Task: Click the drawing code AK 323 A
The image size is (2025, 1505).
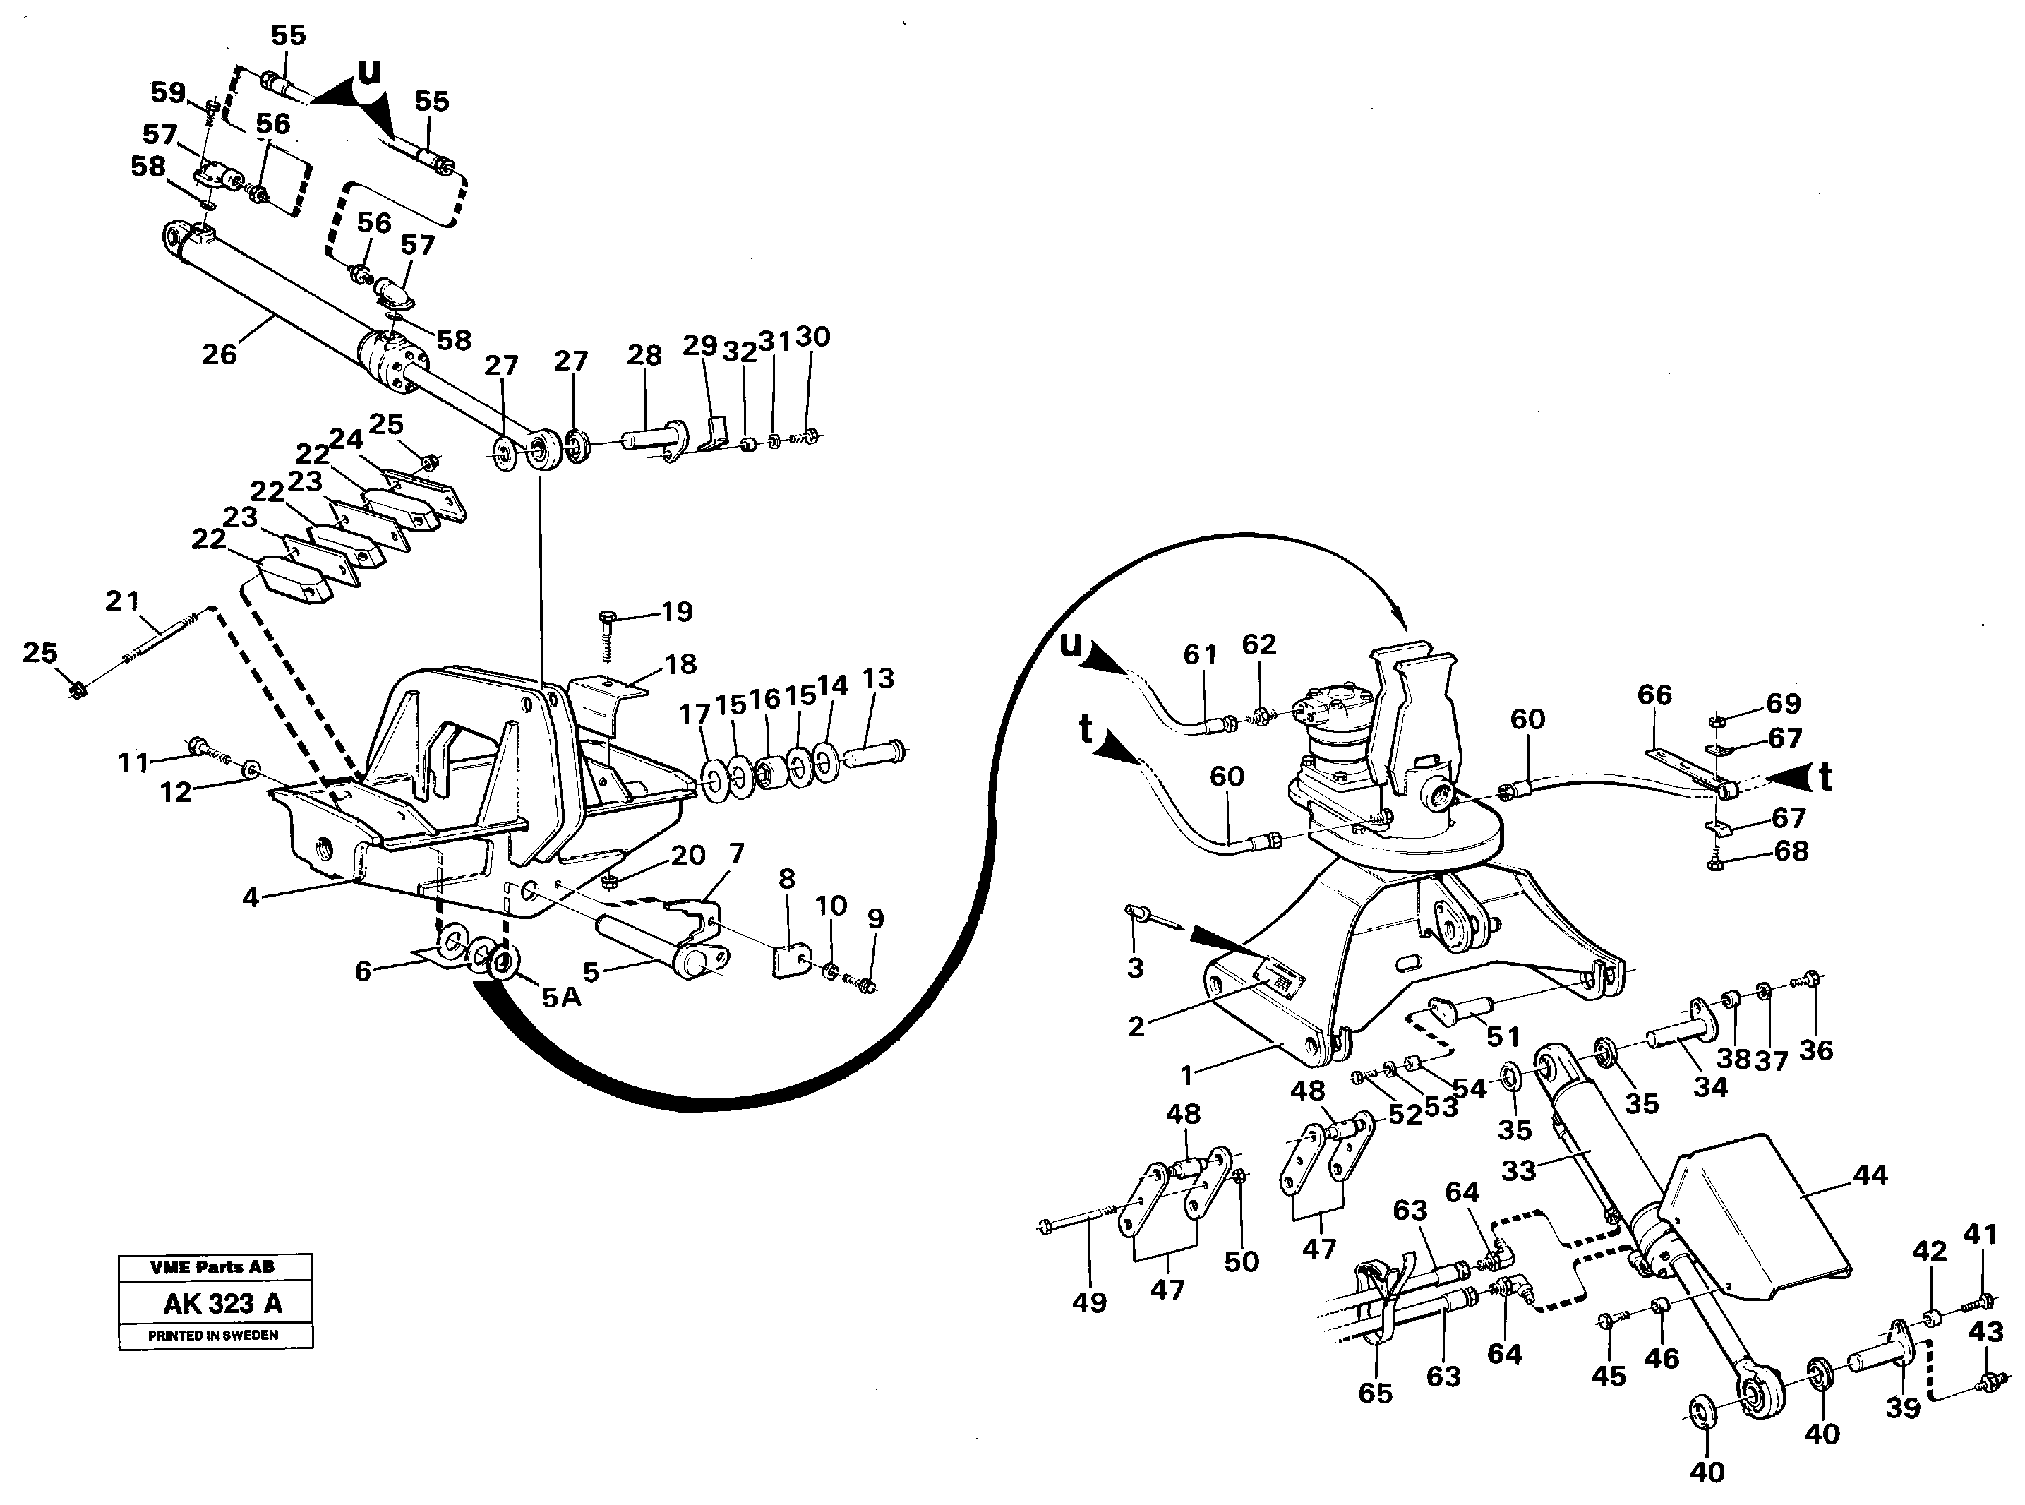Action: (222, 1304)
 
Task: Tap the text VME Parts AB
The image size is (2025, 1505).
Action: (213, 1266)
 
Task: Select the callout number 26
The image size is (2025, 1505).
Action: (219, 354)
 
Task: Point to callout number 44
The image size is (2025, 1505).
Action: (1871, 1175)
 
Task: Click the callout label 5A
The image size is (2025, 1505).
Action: (561, 997)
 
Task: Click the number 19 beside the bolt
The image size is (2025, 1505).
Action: (677, 611)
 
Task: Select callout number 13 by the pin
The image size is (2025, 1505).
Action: (878, 678)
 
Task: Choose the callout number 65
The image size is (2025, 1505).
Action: (1375, 1393)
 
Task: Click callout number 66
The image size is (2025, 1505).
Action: (1654, 695)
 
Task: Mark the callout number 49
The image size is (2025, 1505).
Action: (1088, 1302)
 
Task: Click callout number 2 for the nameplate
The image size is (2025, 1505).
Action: (1135, 1026)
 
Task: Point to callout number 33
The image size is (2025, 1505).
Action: (1518, 1170)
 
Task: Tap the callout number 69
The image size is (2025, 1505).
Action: (1783, 703)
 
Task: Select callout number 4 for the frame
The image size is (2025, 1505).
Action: (251, 897)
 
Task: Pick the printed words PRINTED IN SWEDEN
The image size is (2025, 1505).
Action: (213, 1335)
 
